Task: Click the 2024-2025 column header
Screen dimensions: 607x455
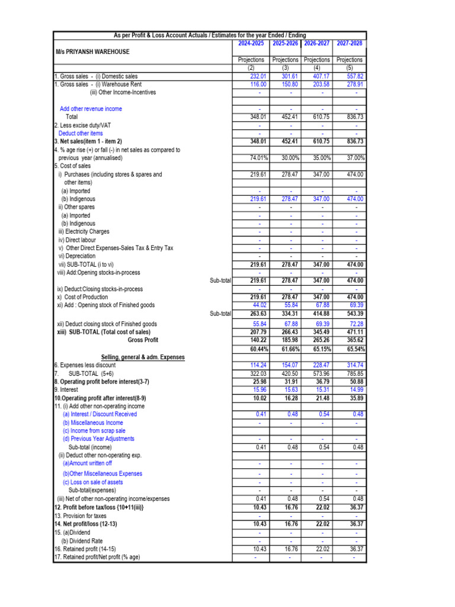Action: (x=251, y=43)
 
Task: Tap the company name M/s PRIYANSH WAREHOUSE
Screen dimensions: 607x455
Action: (x=92, y=52)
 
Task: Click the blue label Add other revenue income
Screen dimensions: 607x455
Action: (x=91, y=109)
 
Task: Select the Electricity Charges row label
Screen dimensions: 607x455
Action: (x=84, y=232)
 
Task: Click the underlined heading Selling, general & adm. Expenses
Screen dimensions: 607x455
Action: (x=143, y=357)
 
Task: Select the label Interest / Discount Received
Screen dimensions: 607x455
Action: (x=100, y=414)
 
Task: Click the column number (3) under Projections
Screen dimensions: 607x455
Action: (x=286, y=68)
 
